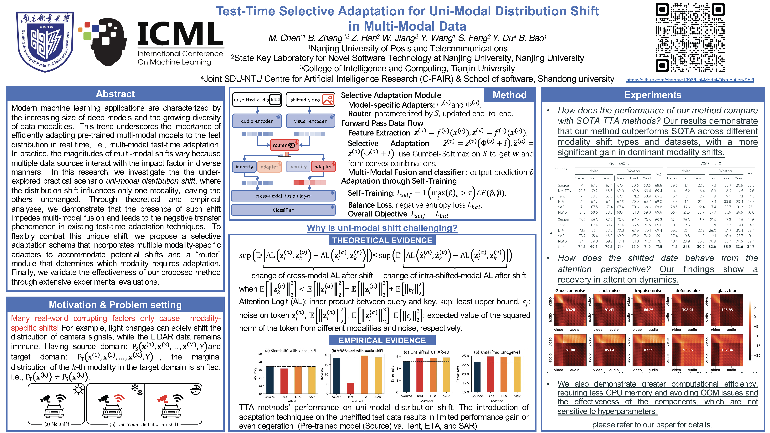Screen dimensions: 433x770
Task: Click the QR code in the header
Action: click(690, 38)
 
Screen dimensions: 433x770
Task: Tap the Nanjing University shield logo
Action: click(45, 42)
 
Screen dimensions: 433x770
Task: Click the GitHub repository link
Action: click(690, 80)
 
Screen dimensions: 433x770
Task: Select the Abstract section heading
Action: click(115, 94)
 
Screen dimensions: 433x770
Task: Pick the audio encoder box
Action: click(257, 121)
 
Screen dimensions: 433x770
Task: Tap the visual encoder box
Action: click(310, 121)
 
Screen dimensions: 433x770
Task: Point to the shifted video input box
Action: click(310, 99)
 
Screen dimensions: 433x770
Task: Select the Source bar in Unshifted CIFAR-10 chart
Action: click(407, 377)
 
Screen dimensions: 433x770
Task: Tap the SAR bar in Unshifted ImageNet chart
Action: click(517, 374)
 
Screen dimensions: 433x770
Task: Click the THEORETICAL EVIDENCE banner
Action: click(382, 241)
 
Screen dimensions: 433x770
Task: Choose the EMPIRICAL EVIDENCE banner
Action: click(382, 340)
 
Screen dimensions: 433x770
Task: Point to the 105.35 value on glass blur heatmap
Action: click(727, 310)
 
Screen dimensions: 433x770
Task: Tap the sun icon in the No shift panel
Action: click(79, 390)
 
